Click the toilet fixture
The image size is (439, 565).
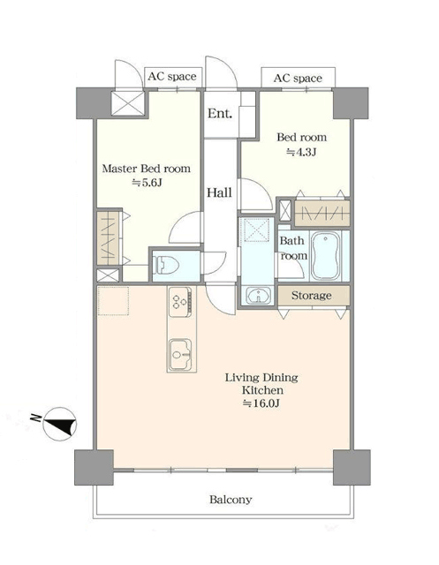coord(166,266)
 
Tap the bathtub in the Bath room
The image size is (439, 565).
coord(325,255)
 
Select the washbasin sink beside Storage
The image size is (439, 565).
coord(259,296)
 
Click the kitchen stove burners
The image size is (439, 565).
coord(180,302)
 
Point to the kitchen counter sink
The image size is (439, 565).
coord(181,355)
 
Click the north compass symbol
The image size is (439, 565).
coord(59,424)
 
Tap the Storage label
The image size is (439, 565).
coord(311,296)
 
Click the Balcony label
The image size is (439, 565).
coord(231,500)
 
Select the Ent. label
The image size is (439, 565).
coord(219,114)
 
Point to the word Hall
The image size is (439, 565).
coord(219,192)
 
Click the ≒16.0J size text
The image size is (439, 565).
coord(261,403)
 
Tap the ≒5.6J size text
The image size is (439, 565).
coord(147,183)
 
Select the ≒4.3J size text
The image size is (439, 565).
coord(301,152)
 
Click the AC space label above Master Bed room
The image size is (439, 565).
coord(172,77)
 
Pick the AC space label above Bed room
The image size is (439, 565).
coord(298,79)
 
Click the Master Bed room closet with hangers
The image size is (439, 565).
coord(108,238)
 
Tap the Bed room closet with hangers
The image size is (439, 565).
coord(322,213)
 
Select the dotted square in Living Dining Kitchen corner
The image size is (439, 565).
coord(113,301)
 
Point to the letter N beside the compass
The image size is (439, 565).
coord(35,418)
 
